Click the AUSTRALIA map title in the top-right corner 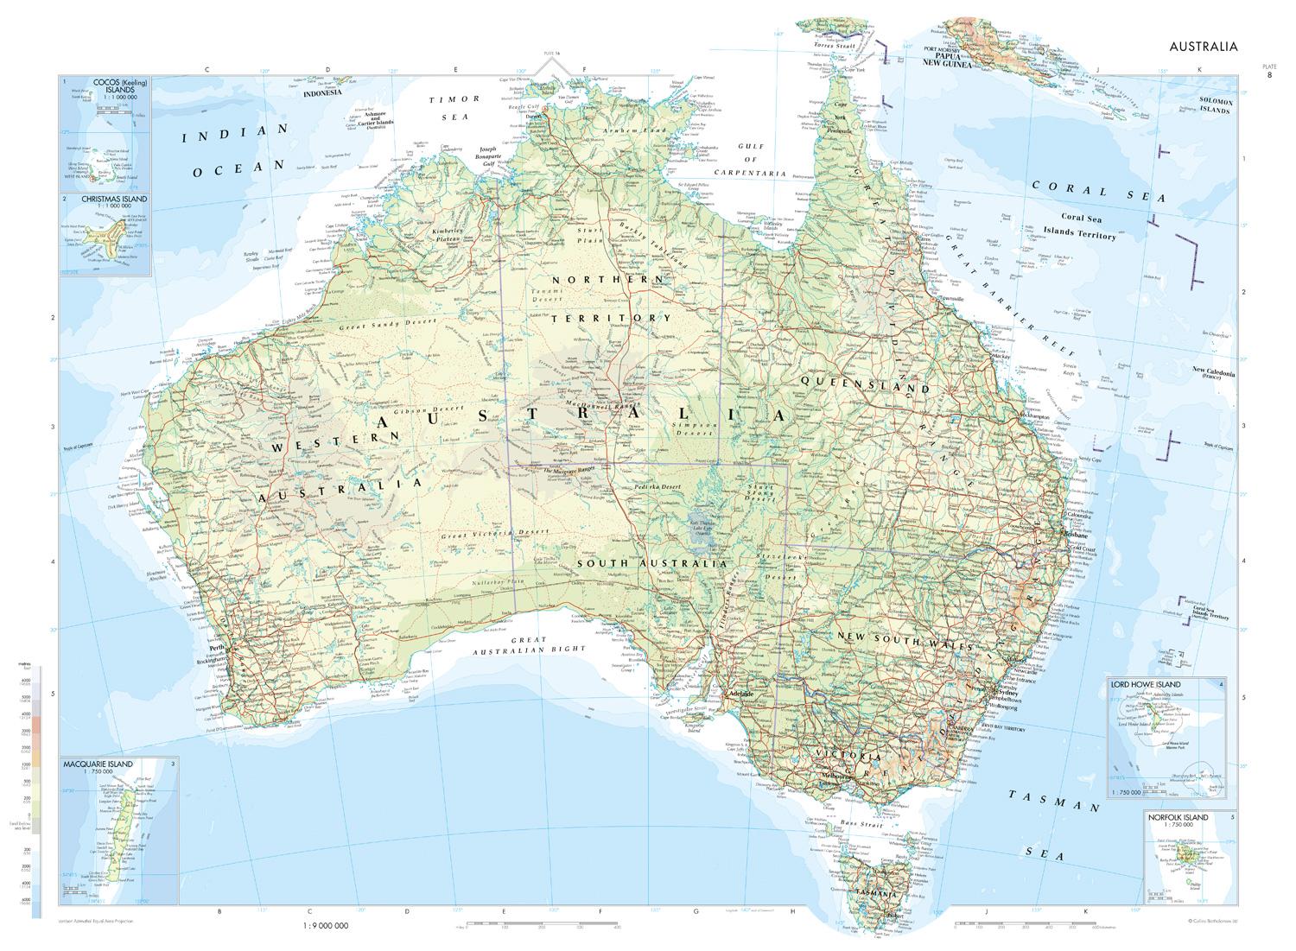1204,47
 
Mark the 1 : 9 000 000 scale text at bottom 325,925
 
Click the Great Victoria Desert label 484,535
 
